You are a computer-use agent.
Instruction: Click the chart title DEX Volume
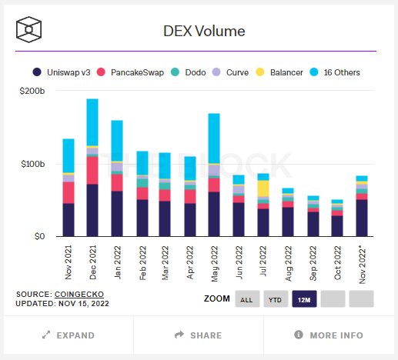pyautogui.click(x=204, y=32)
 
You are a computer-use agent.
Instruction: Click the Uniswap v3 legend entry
pyautogui.click(x=70, y=72)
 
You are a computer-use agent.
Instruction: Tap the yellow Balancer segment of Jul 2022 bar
pyautogui.click(x=263, y=188)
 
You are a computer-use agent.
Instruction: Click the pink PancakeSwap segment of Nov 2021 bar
pyautogui.click(x=69, y=192)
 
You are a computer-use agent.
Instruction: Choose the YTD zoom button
pyautogui.click(x=275, y=299)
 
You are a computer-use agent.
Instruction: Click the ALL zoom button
pyautogui.click(x=246, y=299)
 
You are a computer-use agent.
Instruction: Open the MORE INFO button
pyautogui.click(x=329, y=335)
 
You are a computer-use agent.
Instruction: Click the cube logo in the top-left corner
pyautogui.click(x=29, y=32)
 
